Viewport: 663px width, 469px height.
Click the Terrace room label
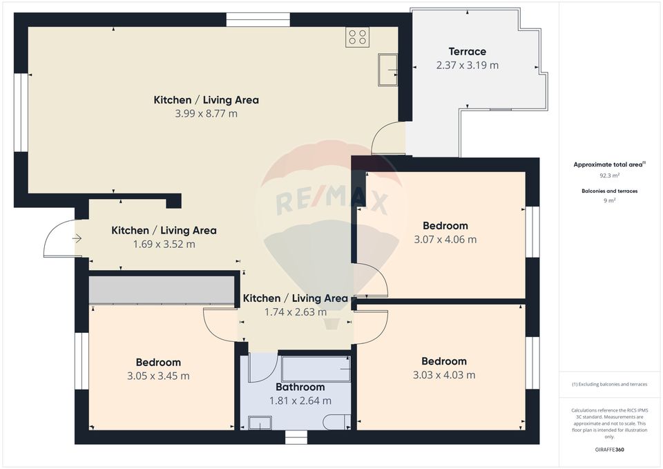click(467, 51)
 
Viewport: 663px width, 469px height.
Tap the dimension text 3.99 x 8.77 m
click(206, 113)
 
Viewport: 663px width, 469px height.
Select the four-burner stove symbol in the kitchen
click(358, 37)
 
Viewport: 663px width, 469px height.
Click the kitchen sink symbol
click(387, 69)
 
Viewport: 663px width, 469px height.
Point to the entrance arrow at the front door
click(76, 238)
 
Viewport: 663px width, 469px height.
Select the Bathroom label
click(300, 387)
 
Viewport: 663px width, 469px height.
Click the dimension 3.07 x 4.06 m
click(445, 240)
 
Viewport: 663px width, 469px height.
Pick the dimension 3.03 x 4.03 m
click(444, 375)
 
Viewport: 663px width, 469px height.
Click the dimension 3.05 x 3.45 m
click(158, 376)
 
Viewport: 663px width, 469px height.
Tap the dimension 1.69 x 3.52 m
click(164, 244)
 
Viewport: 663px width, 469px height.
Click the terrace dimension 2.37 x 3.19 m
click(467, 66)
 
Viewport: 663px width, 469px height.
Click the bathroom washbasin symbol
click(260, 422)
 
